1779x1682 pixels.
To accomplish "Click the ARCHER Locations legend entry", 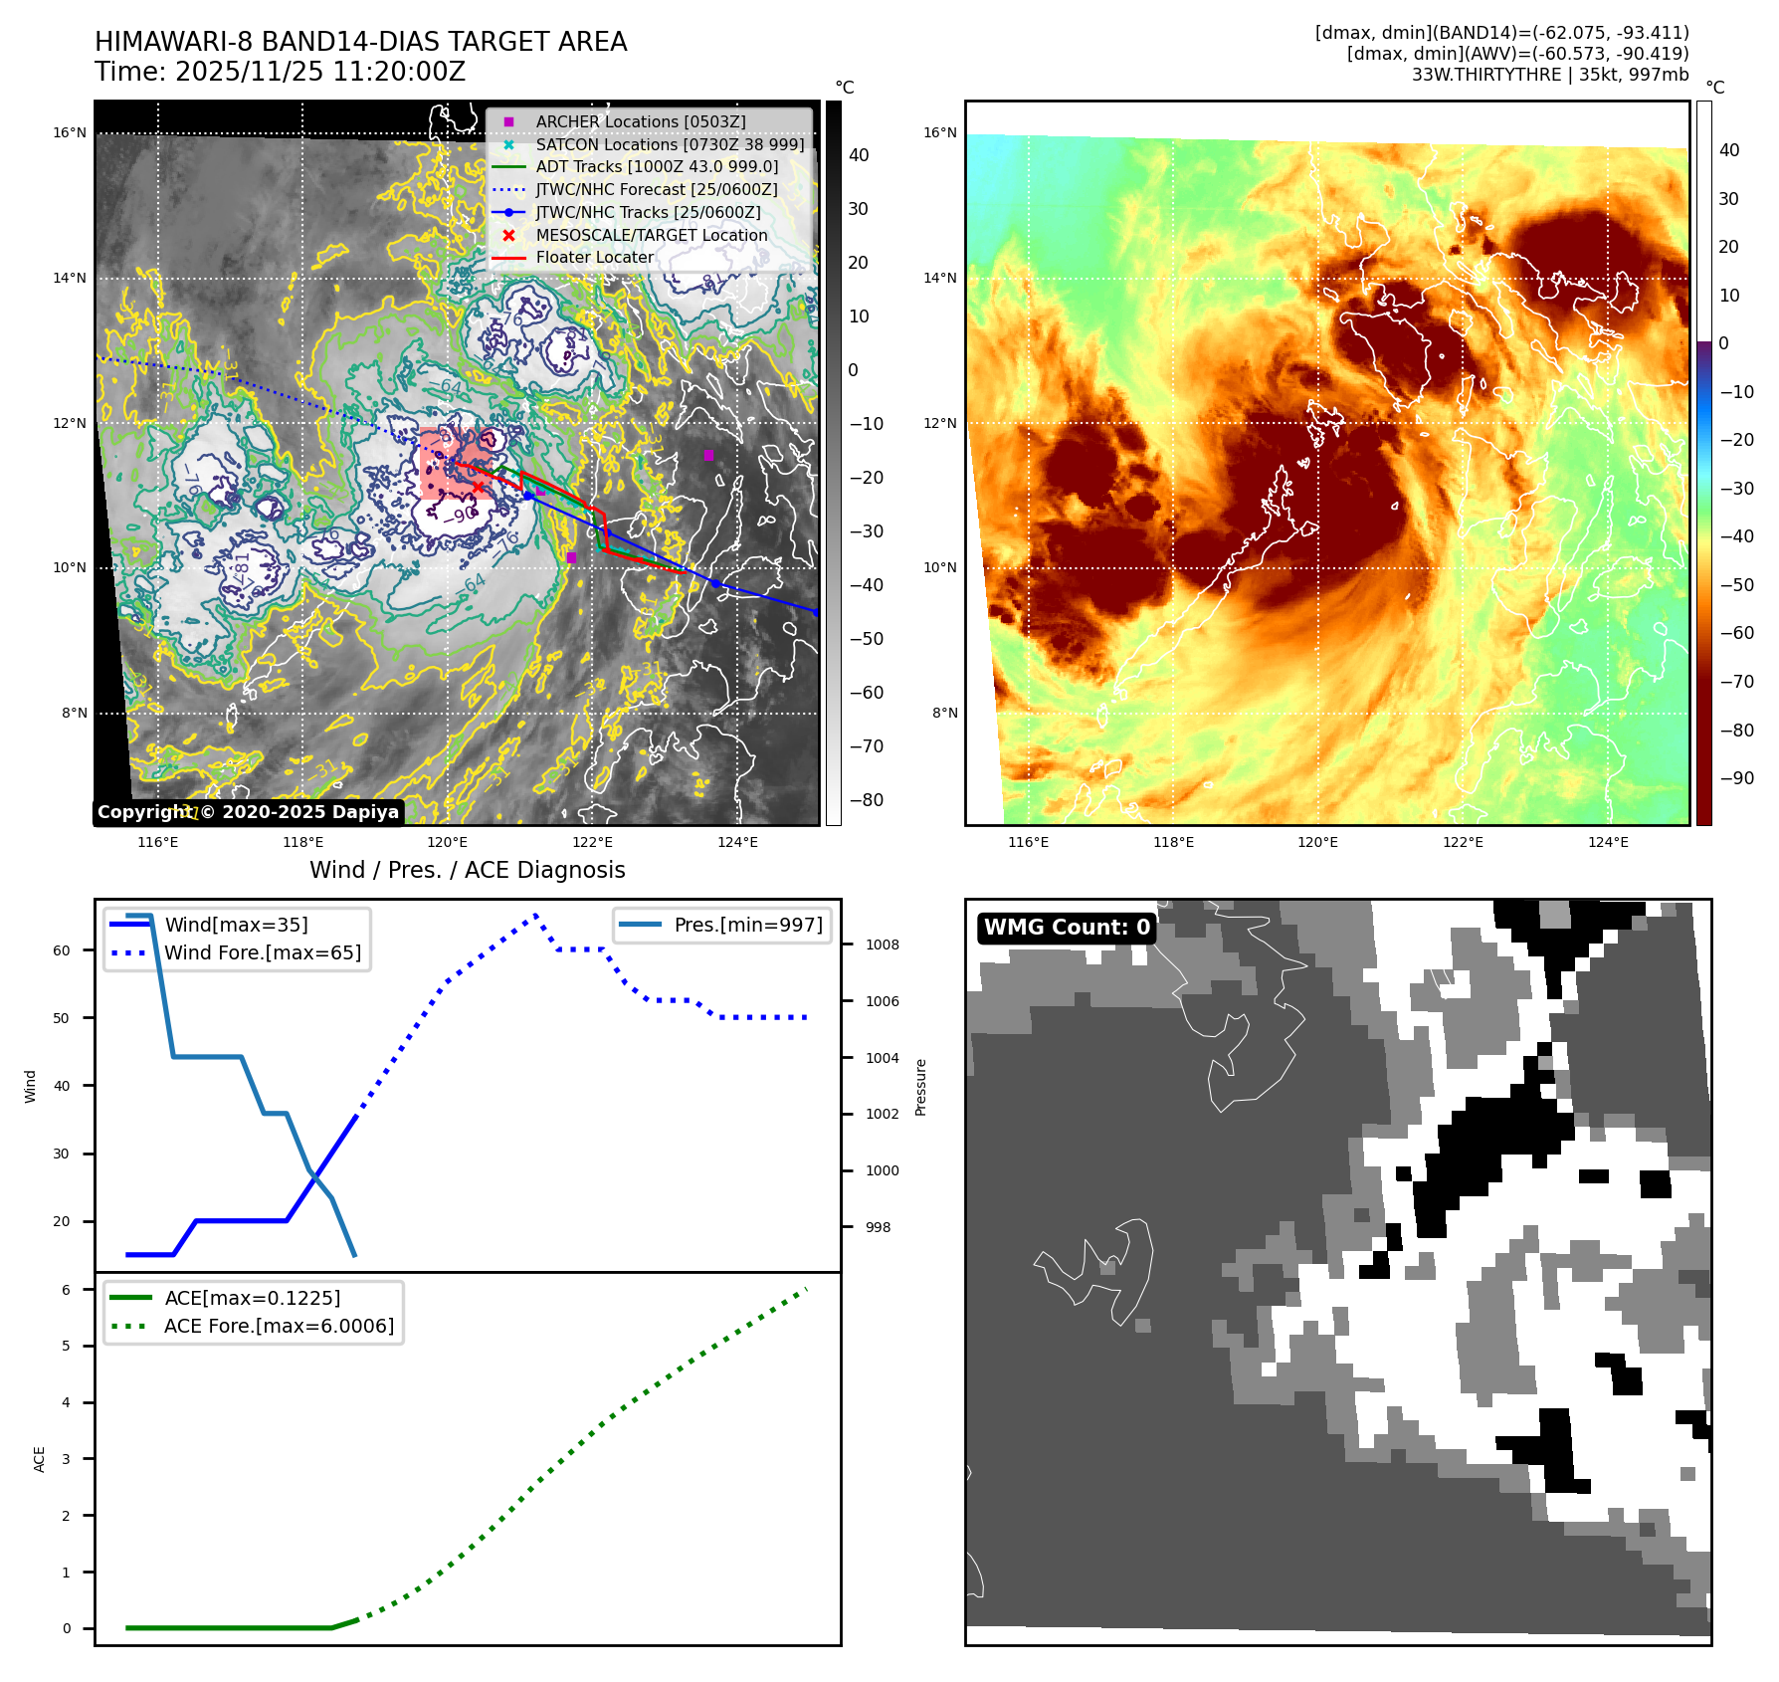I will click(640, 121).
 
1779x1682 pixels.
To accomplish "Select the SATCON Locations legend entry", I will click(669, 144).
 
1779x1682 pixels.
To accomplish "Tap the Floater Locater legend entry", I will click(594, 257).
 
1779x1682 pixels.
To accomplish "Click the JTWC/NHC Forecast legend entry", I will click(656, 189).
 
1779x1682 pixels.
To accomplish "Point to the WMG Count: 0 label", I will click(1067, 928).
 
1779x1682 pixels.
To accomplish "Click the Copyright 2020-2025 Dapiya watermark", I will click(248, 812).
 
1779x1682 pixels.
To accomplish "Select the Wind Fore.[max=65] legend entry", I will click(262, 952).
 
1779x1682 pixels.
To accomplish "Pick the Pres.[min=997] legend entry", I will click(747, 925).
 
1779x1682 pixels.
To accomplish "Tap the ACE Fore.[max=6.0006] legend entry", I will click(279, 1326).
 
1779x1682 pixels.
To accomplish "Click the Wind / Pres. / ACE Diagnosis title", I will click(468, 870).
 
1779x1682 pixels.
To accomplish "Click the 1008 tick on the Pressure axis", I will click(882, 945).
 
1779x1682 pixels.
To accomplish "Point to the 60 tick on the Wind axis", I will click(62, 950).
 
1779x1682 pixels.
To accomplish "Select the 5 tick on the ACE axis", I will click(67, 1346).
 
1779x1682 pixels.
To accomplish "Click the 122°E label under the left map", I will click(593, 842).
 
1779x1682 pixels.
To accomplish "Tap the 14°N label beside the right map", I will click(940, 278).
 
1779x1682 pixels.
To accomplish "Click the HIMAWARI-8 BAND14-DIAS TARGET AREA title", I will click(360, 42).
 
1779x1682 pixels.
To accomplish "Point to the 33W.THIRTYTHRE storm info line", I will click(1549, 75).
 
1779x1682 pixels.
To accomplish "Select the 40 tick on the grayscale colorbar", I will click(859, 155).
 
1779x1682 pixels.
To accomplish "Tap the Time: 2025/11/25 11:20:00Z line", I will click(280, 72).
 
